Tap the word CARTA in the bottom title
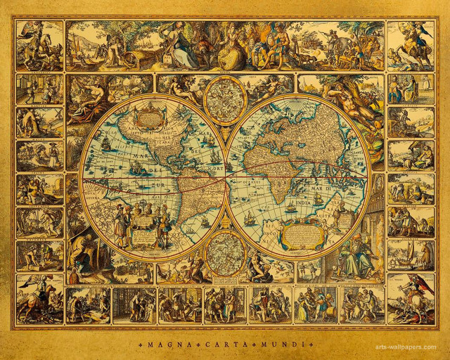click(x=225, y=346)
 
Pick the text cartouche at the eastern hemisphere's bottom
click(x=301, y=235)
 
